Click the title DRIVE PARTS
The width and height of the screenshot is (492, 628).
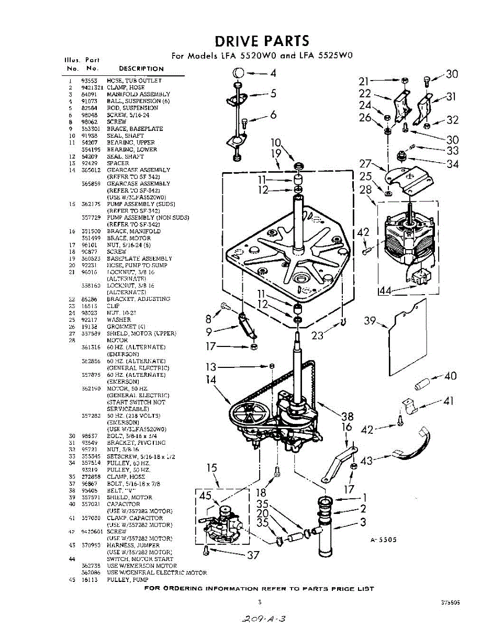[262, 41]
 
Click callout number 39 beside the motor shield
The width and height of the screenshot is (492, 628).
[371, 321]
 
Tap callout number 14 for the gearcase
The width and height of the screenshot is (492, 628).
[211, 379]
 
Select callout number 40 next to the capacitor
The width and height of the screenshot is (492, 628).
[450, 376]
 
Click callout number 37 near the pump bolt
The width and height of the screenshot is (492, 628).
[253, 555]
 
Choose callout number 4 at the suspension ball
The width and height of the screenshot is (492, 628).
[273, 73]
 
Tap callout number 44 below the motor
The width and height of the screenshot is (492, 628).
[385, 291]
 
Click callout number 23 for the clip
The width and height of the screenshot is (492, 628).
[317, 336]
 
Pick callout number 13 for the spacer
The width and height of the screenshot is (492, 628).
[211, 367]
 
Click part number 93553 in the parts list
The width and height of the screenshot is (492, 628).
[88, 81]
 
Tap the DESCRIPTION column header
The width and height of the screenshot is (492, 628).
[141, 69]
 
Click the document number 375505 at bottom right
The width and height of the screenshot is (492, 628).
[450, 602]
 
